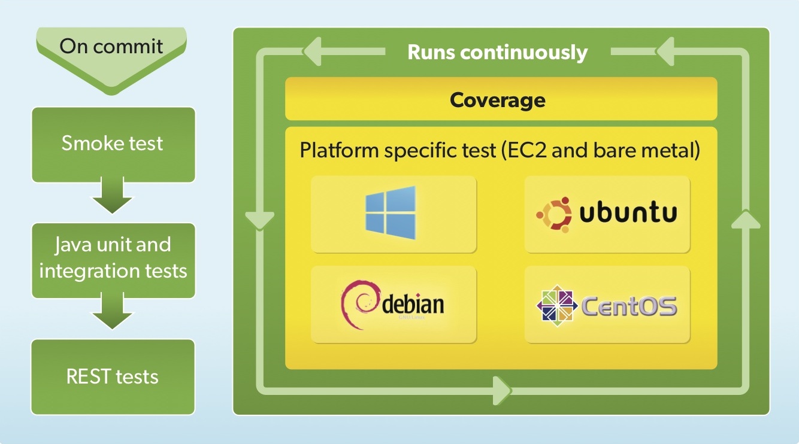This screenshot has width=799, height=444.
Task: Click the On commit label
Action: [x=112, y=46]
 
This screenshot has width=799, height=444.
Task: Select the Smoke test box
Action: [x=113, y=144]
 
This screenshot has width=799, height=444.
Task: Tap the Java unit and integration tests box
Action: [x=113, y=258]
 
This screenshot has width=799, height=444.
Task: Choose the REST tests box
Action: [x=113, y=376]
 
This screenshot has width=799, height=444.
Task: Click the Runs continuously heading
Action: [x=497, y=52]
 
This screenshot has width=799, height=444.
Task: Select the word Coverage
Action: [x=498, y=99]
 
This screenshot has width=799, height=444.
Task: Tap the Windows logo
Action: [x=391, y=213]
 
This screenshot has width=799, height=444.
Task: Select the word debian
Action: [x=413, y=305]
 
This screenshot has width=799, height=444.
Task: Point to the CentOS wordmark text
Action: [x=629, y=306]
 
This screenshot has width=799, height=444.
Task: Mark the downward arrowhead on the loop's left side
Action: [x=259, y=220]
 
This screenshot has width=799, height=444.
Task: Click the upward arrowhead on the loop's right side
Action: [x=745, y=219]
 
